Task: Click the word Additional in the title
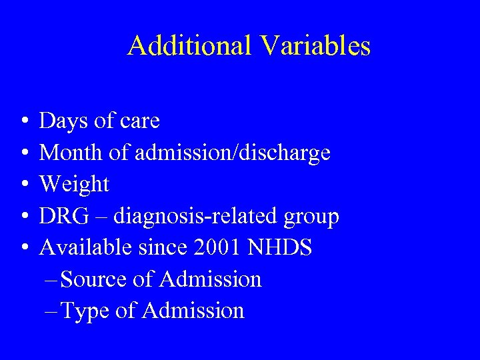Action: pos(189,46)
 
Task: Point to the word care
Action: pos(137,121)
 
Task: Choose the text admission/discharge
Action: pos(233,153)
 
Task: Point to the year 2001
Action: pos(217,247)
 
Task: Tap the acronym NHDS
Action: pos(280,247)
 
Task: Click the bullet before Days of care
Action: pos(24,122)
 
